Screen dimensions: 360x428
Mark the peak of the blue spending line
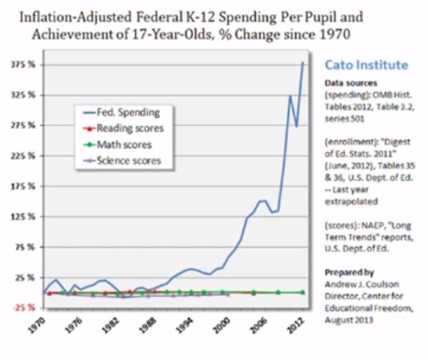303,62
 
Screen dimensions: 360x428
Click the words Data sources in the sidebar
350,82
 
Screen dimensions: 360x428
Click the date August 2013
349,320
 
